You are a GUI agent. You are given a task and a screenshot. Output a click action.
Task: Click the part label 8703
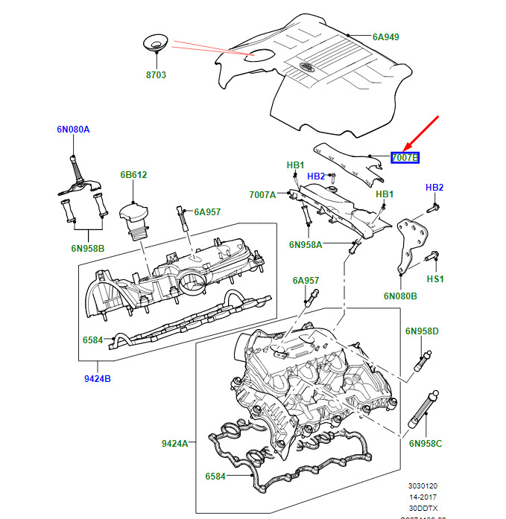156,75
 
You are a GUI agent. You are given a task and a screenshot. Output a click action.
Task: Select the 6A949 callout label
386,36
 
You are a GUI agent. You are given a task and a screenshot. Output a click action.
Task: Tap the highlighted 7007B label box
405,158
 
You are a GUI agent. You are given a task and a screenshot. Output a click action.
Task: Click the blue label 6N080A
73,130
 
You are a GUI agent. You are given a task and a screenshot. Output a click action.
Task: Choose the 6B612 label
134,176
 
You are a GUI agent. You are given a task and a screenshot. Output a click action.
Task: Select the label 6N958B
89,247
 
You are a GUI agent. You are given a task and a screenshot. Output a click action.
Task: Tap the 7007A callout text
262,195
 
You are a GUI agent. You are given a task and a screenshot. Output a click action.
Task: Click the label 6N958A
306,245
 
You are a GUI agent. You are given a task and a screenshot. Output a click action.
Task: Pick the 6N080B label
401,296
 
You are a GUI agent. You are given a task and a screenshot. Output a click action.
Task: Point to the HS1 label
435,278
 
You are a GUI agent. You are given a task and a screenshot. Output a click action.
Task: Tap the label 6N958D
423,331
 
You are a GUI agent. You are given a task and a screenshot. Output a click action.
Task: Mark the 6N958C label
425,444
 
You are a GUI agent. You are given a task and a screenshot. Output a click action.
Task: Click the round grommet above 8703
155,43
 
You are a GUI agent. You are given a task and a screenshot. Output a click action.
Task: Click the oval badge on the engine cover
306,69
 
